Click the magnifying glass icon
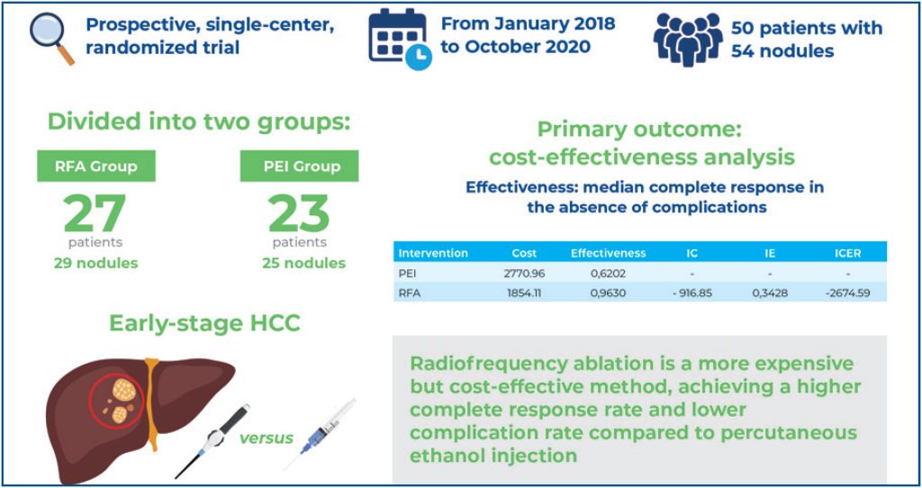pyautogui.click(x=50, y=38)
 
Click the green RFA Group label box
pyautogui.click(x=95, y=166)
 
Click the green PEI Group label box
pyautogui.click(x=299, y=166)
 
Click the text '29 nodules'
pyautogui.click(x=95, y=263)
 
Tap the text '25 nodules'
pyautogui.click(x=300, y=263)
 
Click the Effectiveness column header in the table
pyautogui.click(x=609, y=253)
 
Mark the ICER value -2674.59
pyautogui.click(x=847, y=293)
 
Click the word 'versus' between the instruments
pyautogui.click(x=266, y=438)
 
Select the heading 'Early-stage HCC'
pyautogui.click(x=204, y=323)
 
